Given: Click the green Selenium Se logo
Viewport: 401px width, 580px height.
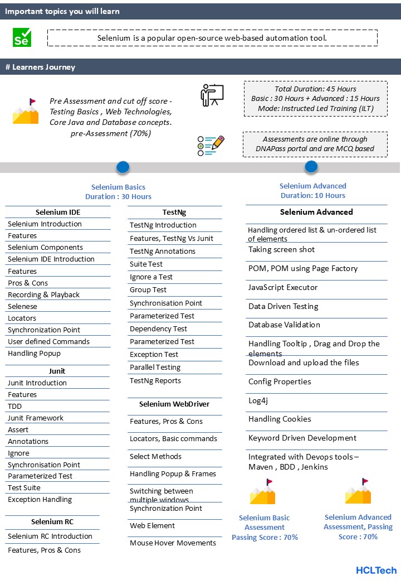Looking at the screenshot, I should pos(22,37).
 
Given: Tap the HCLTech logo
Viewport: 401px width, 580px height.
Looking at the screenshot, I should pos(376,570).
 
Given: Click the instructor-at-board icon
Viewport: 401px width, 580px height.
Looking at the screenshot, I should pos(212,95).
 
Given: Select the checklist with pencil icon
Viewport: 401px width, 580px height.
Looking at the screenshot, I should pos(211,145).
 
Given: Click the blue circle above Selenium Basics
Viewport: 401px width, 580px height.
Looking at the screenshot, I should pos(123,167).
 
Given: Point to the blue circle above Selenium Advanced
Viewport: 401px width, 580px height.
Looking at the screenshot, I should pos(311,166).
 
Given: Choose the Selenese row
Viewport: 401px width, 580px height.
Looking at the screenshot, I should pos(22,306).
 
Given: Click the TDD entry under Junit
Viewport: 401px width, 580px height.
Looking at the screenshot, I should pos(14,406).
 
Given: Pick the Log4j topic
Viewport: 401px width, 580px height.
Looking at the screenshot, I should pos(258,400).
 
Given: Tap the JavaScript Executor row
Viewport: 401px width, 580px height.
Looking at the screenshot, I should pos(283,288).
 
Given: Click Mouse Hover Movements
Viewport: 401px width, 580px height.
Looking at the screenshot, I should pos(173,543).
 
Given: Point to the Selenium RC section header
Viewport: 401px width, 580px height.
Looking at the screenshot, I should pos(52,522).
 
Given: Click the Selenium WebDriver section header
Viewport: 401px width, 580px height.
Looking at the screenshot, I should pos(174,404).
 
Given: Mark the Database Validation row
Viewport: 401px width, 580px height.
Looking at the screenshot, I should pos(284,325).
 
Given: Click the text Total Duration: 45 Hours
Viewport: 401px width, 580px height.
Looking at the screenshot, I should pos(315,89).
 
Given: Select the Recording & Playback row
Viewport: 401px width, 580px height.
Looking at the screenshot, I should pos(43,294).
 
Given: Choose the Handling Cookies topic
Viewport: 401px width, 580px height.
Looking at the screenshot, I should pos(280,419).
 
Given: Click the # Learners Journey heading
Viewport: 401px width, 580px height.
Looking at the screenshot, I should pos(40,67).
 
